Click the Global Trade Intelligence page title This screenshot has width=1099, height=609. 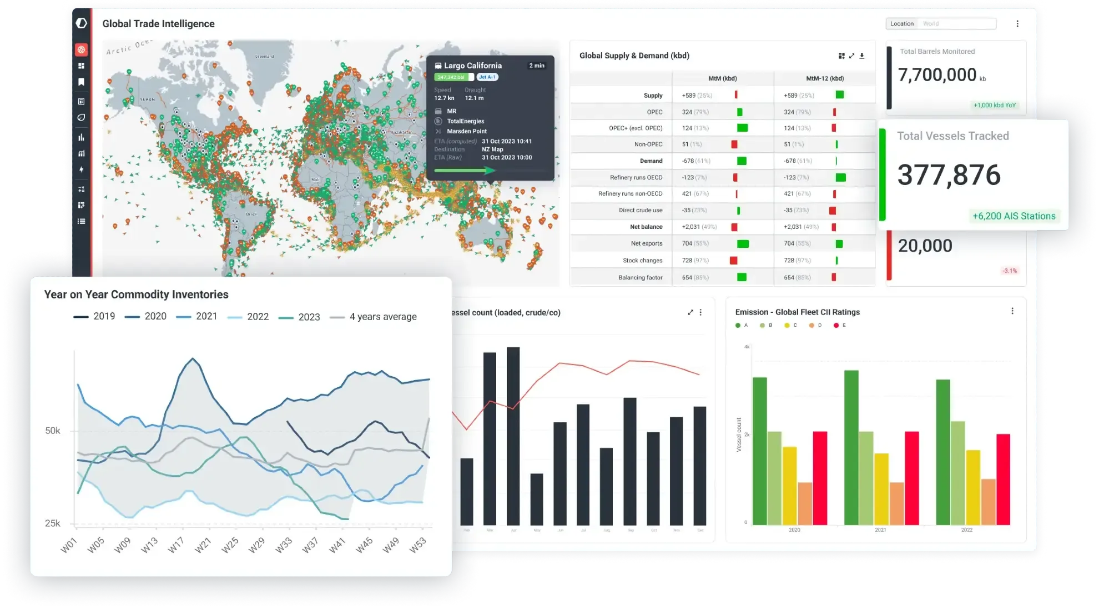[158, 24]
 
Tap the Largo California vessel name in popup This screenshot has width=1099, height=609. [472, 66]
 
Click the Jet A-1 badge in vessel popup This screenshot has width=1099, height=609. [487, 77]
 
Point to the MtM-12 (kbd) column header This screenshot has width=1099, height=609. [824, 78]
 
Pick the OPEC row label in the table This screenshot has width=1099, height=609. [654, 112]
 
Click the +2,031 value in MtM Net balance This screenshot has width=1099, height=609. [692, 227]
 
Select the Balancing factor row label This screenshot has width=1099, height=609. [640, 277]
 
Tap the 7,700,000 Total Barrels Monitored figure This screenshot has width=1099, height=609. [937, 75]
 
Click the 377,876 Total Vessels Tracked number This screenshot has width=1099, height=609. [949, 175]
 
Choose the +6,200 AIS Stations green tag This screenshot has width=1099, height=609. [1014, 216]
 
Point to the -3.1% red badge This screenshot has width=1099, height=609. [1009, 271]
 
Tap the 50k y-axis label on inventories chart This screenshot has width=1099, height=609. [53, 431]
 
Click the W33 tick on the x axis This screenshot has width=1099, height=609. [283, 545]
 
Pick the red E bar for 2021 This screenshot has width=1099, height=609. [912, 478]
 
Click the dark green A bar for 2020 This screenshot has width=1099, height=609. [759, 451]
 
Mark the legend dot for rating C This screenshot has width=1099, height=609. [787, 325]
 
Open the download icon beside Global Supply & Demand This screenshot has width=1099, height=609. [862, 56]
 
